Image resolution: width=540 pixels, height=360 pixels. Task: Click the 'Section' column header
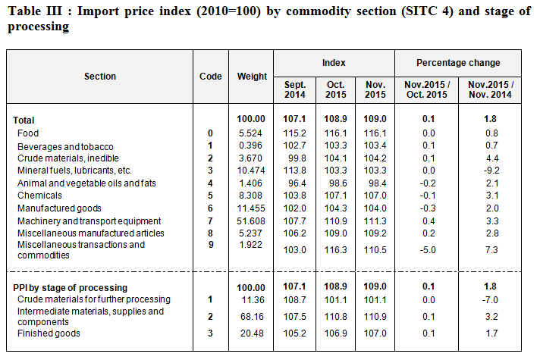tap(100, 77)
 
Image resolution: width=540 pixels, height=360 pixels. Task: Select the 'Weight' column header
tap(252, 77)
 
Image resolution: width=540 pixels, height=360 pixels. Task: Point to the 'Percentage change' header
tap(458, 63)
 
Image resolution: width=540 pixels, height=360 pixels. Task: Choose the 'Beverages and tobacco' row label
tap(65, 146)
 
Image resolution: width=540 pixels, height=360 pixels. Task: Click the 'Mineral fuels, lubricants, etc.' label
tap(74, 171)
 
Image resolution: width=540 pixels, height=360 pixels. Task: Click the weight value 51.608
tap(253, 221)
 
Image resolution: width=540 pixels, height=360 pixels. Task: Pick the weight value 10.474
tap(253, 171)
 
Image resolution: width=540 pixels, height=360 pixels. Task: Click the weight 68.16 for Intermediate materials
tap(253, 315)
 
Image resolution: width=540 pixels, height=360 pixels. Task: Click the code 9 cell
tap(210, 245)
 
